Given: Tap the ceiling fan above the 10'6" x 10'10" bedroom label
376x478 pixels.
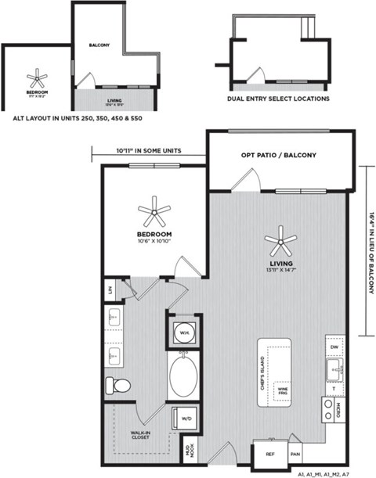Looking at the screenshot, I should pos(154,210).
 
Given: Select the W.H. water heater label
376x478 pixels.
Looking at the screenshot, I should pos(184,332).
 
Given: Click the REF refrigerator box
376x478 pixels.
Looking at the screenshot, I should pos(269,454).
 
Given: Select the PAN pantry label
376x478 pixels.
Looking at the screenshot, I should pos(295,454).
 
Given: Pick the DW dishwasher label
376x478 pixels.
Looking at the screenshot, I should pos(334,346).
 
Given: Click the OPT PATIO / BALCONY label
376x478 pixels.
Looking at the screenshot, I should pos(278,156).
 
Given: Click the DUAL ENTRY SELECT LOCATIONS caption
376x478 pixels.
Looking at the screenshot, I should pos(278,99).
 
